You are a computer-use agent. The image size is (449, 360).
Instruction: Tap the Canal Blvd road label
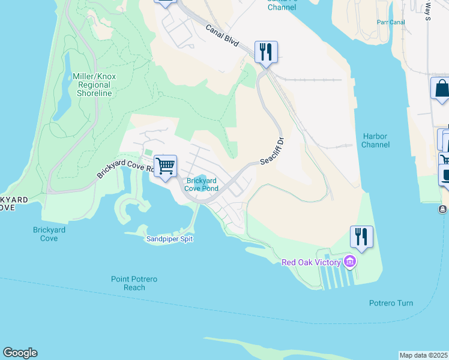pos(222,36)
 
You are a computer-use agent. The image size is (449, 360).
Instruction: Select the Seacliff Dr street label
pos(272,152)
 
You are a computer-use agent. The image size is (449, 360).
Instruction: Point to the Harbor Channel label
pos(375,140)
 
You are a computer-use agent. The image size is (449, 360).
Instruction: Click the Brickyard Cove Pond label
pos(201,184)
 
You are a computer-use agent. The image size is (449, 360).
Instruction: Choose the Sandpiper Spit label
pos(170,239)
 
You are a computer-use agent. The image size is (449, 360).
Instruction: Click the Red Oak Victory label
pos(312,262)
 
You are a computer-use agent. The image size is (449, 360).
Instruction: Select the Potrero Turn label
pos(391,303)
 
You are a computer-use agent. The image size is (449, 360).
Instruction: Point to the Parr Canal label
pos(391,22)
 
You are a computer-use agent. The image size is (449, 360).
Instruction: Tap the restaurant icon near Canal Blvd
pos(265,52)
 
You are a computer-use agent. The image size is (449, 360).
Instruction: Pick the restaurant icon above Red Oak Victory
pos(361,236)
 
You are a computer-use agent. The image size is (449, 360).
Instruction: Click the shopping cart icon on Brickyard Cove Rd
pos(165,166)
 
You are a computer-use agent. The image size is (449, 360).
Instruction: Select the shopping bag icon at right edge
pos(441,89)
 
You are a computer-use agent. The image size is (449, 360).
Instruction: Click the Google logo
pos(20,353)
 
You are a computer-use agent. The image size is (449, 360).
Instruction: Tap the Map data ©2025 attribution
pos(424,355)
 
